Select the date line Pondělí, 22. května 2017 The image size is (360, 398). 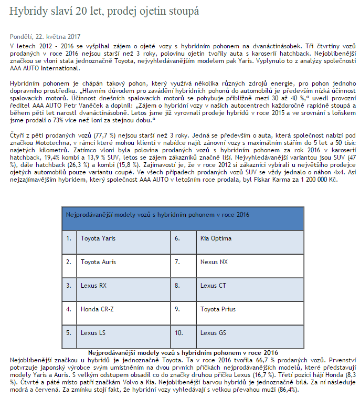(45, 36)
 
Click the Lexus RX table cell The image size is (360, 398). (93, 285)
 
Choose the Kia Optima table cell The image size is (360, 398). (216, 238)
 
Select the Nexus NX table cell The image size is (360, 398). (215, 261)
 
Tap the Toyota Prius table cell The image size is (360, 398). (217, 309)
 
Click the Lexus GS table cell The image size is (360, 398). (214, 332)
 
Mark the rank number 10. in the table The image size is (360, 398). (179, 332)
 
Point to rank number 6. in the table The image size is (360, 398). (177, 238)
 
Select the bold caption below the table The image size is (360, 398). (183, 352)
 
